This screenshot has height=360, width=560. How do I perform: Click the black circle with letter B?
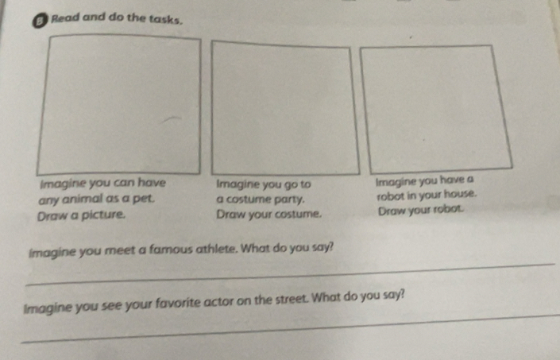click(39, 21)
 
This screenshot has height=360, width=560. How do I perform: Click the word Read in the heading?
click(65, 17)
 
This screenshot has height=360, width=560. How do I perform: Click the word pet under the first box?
click(144, 199)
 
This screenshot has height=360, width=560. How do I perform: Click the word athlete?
click(217, 248)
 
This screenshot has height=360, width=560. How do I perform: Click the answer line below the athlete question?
click(290, 274)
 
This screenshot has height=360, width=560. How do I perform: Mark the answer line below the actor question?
click(290, 328)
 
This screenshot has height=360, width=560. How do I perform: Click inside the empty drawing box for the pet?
click(118, 104)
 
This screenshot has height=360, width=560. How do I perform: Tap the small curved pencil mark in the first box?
click(170, 119)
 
